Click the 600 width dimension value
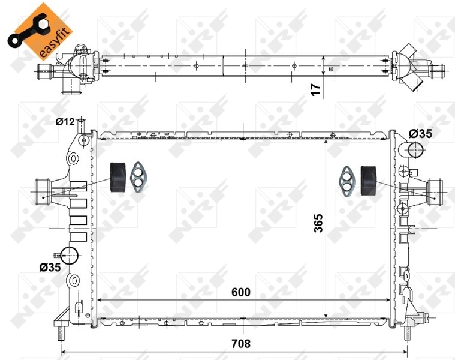(x=240, y=292)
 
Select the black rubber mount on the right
(x=367, y=179)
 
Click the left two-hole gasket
(x=140, y=177)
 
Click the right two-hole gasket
(x=346, y=179)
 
